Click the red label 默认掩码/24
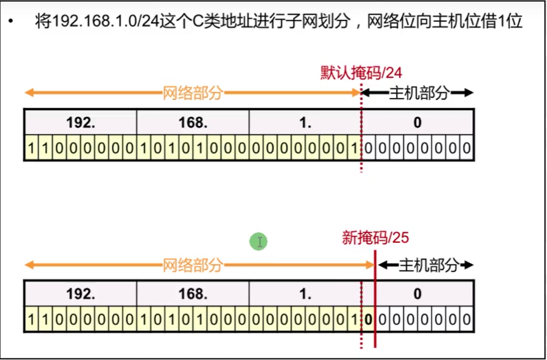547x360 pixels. [x=361, y=73]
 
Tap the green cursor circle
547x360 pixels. [x=259, y=242]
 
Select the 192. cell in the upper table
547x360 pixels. [x=81, y=122]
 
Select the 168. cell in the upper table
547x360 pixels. [x=193, y=122]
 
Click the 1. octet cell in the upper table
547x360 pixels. [x=306, y=122]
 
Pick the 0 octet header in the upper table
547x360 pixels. [x=417, y=122]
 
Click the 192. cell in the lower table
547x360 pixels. [x=81, y=294]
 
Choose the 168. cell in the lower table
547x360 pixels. [x=193, y=294]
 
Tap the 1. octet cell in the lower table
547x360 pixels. [x=306, y=294]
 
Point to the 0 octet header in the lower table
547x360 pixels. [x=417, y=294]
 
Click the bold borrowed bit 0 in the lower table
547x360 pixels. [x=368, y=319]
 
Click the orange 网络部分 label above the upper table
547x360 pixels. [x=193, y=93]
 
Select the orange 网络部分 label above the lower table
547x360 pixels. [x=193, y=265]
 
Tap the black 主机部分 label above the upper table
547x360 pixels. [x=419, y=93]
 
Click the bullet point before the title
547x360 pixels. [x=11, y=23]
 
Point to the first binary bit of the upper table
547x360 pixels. [x=31, y=148]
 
